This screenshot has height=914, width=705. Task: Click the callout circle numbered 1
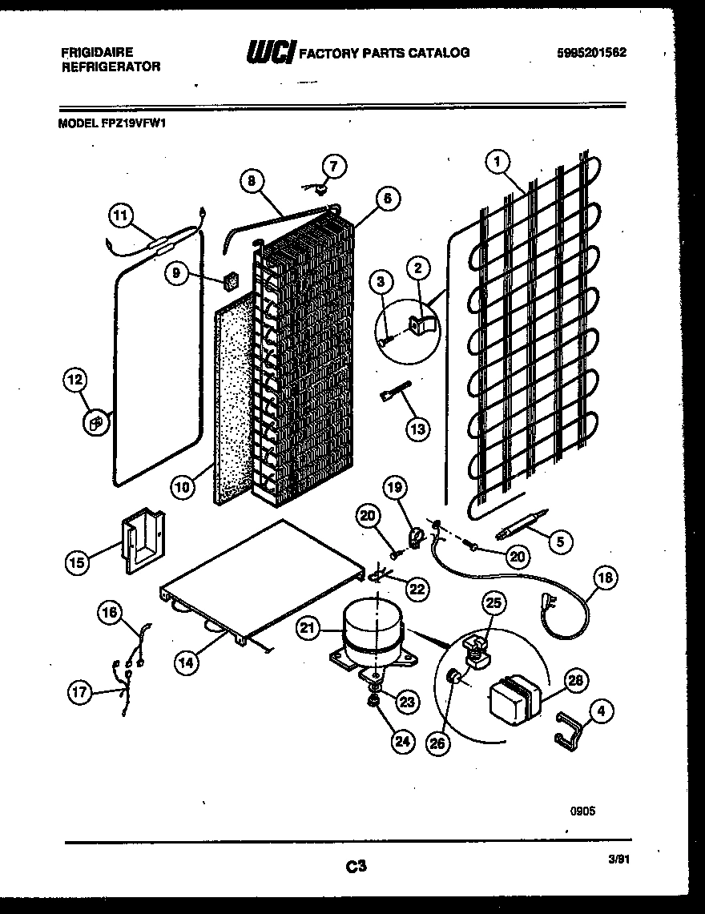point(498,163)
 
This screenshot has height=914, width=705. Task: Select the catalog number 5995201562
point(592,53)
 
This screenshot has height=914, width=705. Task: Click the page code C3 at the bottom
point(357,865)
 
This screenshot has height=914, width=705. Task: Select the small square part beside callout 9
point(232,280)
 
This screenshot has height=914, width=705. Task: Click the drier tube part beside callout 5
point(518,524)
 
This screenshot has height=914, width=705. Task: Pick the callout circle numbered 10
point(183,486)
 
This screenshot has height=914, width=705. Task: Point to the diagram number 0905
point(582,811)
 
